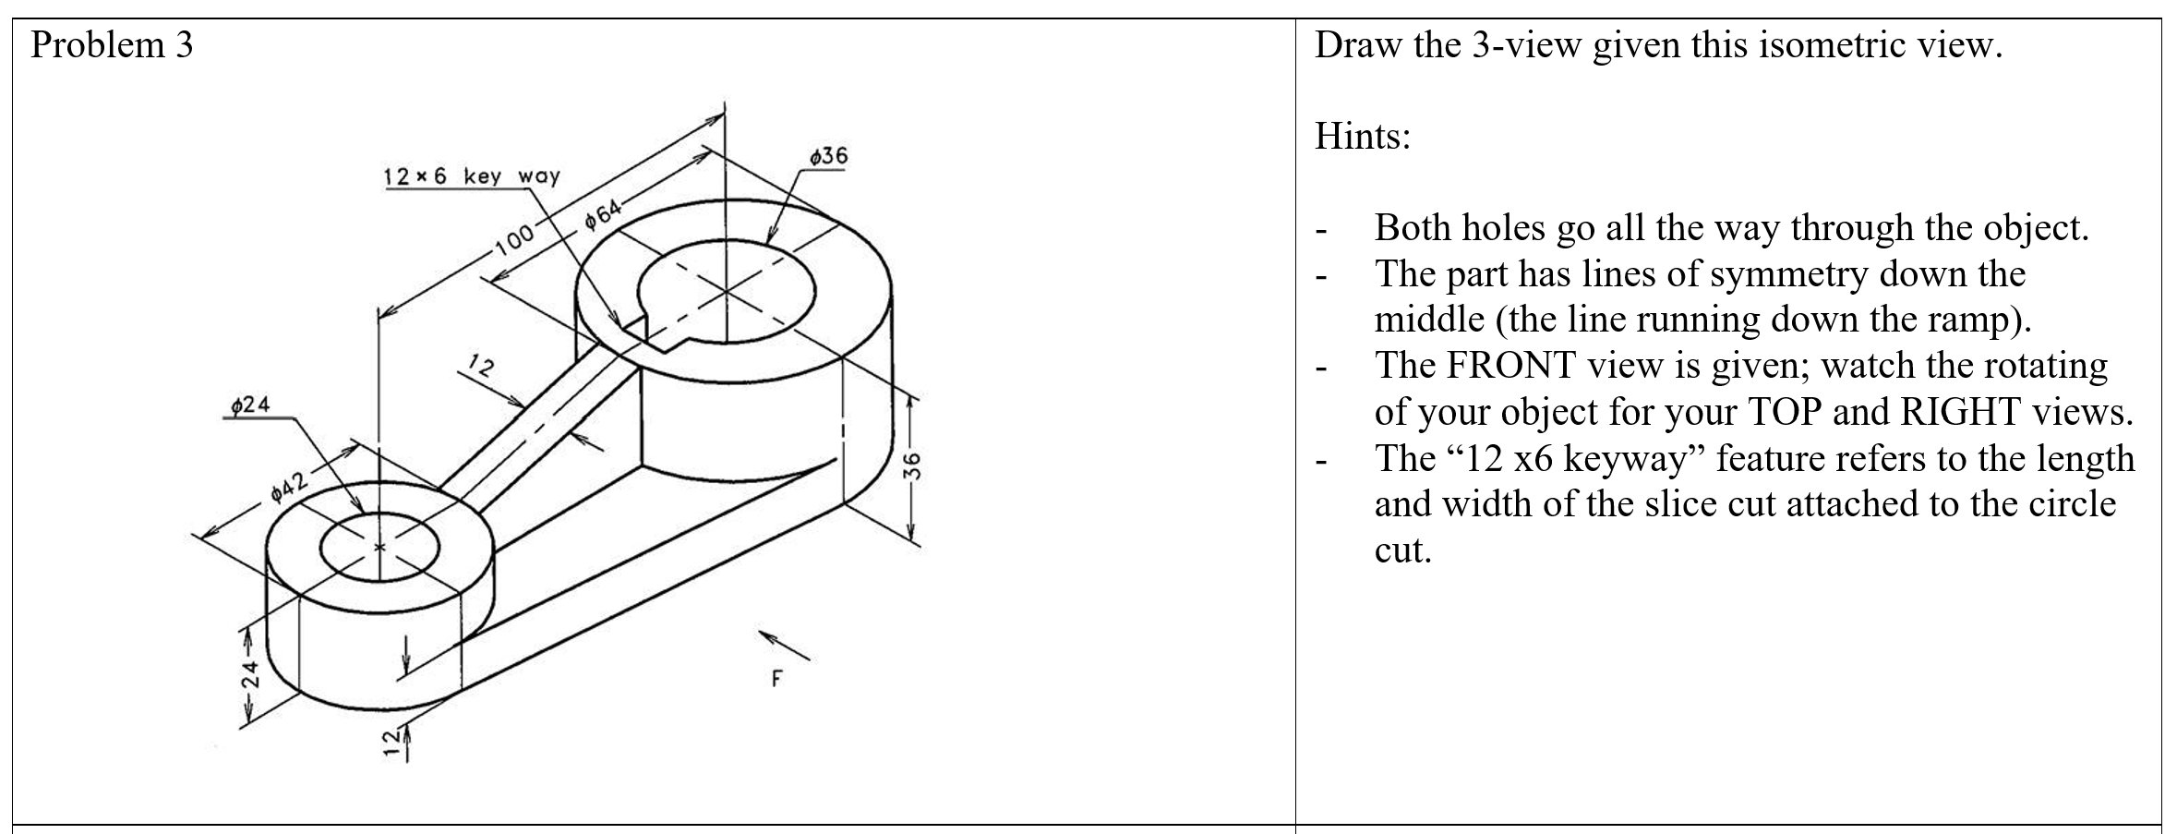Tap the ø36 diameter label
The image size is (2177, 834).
827,156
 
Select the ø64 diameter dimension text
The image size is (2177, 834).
605,215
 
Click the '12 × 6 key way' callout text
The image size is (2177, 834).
472,176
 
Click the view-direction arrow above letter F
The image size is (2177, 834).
784,646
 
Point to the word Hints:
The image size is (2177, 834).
1363,138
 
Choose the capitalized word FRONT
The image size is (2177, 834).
1509,366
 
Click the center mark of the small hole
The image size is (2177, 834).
379,548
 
